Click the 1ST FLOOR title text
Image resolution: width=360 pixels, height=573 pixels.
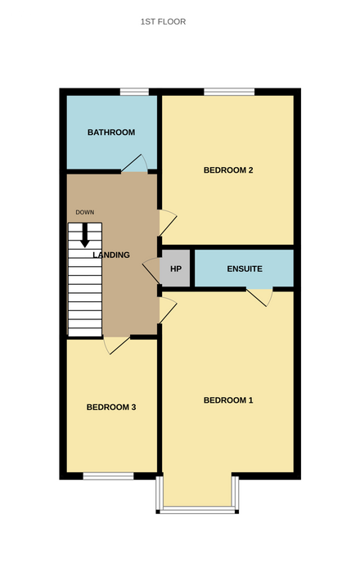click(x=163, y=22)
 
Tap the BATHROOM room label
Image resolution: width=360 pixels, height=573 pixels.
click(x=111, y=133)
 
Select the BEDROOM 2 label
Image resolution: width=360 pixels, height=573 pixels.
click(x=228, y=170)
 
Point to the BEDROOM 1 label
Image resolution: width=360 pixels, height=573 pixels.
click(x=228, y=400)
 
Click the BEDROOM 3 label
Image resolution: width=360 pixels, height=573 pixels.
click(x=111, y=407)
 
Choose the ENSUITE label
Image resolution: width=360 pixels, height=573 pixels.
click(x=245, y=269)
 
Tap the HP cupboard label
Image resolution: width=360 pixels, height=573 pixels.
click(x=176, y=269)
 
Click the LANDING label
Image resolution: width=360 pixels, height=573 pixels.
click(x=111, y=255)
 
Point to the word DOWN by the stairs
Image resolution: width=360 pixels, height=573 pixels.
click(x=85, y=212)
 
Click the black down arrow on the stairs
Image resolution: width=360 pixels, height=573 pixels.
click(x=85, y=235)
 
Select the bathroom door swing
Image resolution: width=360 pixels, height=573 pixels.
click(x=134, y=164)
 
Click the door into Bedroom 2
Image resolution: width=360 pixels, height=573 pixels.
click(x=168, y=223)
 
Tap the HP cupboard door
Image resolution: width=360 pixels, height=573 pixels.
click(x=151, y=270)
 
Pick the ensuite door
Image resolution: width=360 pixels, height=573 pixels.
click(x=259, y=297)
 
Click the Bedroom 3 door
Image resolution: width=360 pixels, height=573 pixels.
click(x=117, y=345)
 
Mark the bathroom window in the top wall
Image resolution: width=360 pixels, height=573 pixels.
click(x=134, y=92)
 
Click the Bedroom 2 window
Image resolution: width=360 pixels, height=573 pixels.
click(x=229, y=92)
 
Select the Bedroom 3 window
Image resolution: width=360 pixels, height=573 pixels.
click(x=109, y=476)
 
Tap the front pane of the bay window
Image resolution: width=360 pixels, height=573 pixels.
click(x=197, y=509)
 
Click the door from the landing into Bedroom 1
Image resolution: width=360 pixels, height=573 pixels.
click(x=168, y=310)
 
